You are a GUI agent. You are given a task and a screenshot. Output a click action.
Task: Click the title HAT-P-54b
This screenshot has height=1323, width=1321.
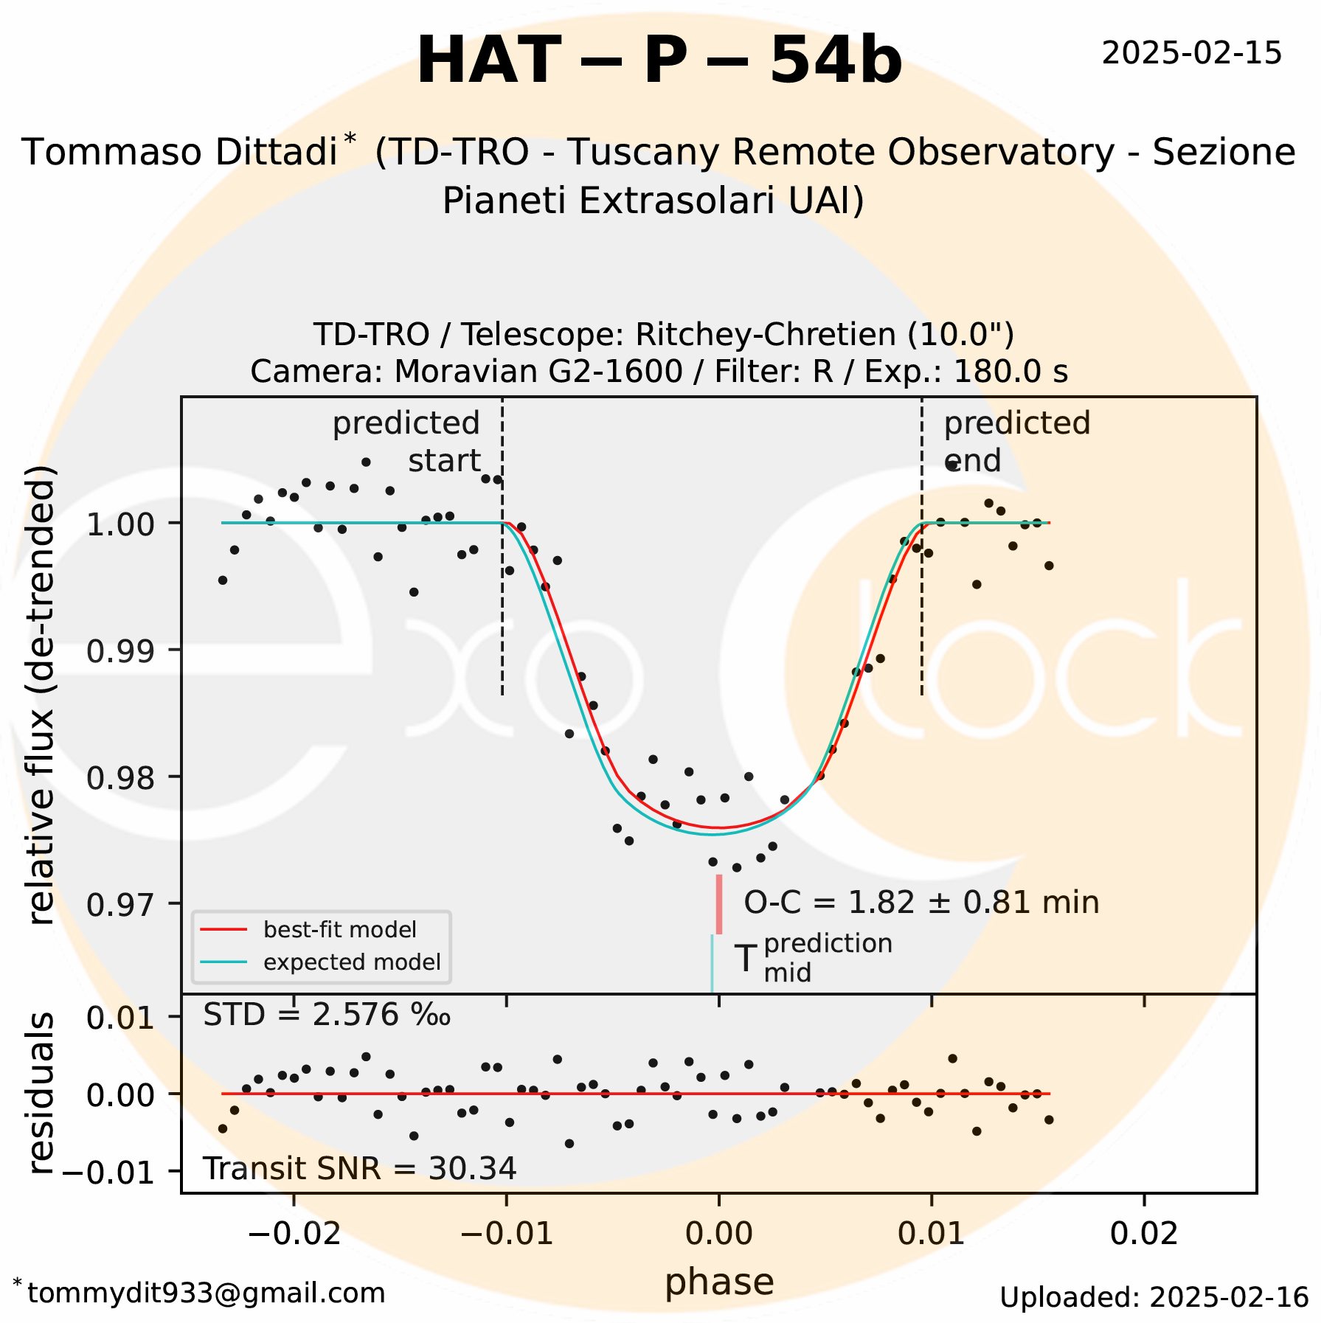coord(659,61)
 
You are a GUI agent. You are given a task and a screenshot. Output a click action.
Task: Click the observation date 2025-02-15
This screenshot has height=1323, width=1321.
coord(1191,54)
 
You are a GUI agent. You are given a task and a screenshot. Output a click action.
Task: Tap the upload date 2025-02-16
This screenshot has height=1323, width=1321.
coord(1154,1296)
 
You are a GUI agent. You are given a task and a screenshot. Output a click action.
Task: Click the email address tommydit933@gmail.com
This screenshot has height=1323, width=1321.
coord(206,1292)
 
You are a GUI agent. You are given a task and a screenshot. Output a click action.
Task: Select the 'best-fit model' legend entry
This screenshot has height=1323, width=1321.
coord(339,929)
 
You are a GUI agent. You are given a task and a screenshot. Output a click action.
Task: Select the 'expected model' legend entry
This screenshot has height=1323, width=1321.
coord(352,962)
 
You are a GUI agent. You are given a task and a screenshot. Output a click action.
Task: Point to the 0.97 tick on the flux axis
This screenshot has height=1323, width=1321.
coord(120,903)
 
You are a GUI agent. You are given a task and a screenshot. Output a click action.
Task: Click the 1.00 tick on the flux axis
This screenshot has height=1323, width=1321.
coord(120,524)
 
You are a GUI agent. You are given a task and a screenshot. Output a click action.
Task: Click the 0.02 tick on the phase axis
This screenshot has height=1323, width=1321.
coord(1144,1234)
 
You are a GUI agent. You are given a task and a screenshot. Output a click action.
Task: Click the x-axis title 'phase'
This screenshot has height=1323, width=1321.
coord(719,1281)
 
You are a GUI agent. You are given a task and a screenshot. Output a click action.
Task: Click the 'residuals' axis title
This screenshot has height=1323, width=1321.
coord(41,1094)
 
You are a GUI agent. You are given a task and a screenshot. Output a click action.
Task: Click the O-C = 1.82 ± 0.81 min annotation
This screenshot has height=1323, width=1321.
coord(921,903)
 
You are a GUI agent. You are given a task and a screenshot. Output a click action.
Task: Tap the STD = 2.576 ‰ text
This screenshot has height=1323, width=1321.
coord(326,1015)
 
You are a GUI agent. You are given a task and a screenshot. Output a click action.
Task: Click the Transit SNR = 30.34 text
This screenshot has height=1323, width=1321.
coord(359,1168)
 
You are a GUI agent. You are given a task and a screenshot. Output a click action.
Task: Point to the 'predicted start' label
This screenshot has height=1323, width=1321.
coord(407,442)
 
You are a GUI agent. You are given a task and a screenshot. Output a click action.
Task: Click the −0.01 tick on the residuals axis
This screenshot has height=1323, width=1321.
coord(111,1172)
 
